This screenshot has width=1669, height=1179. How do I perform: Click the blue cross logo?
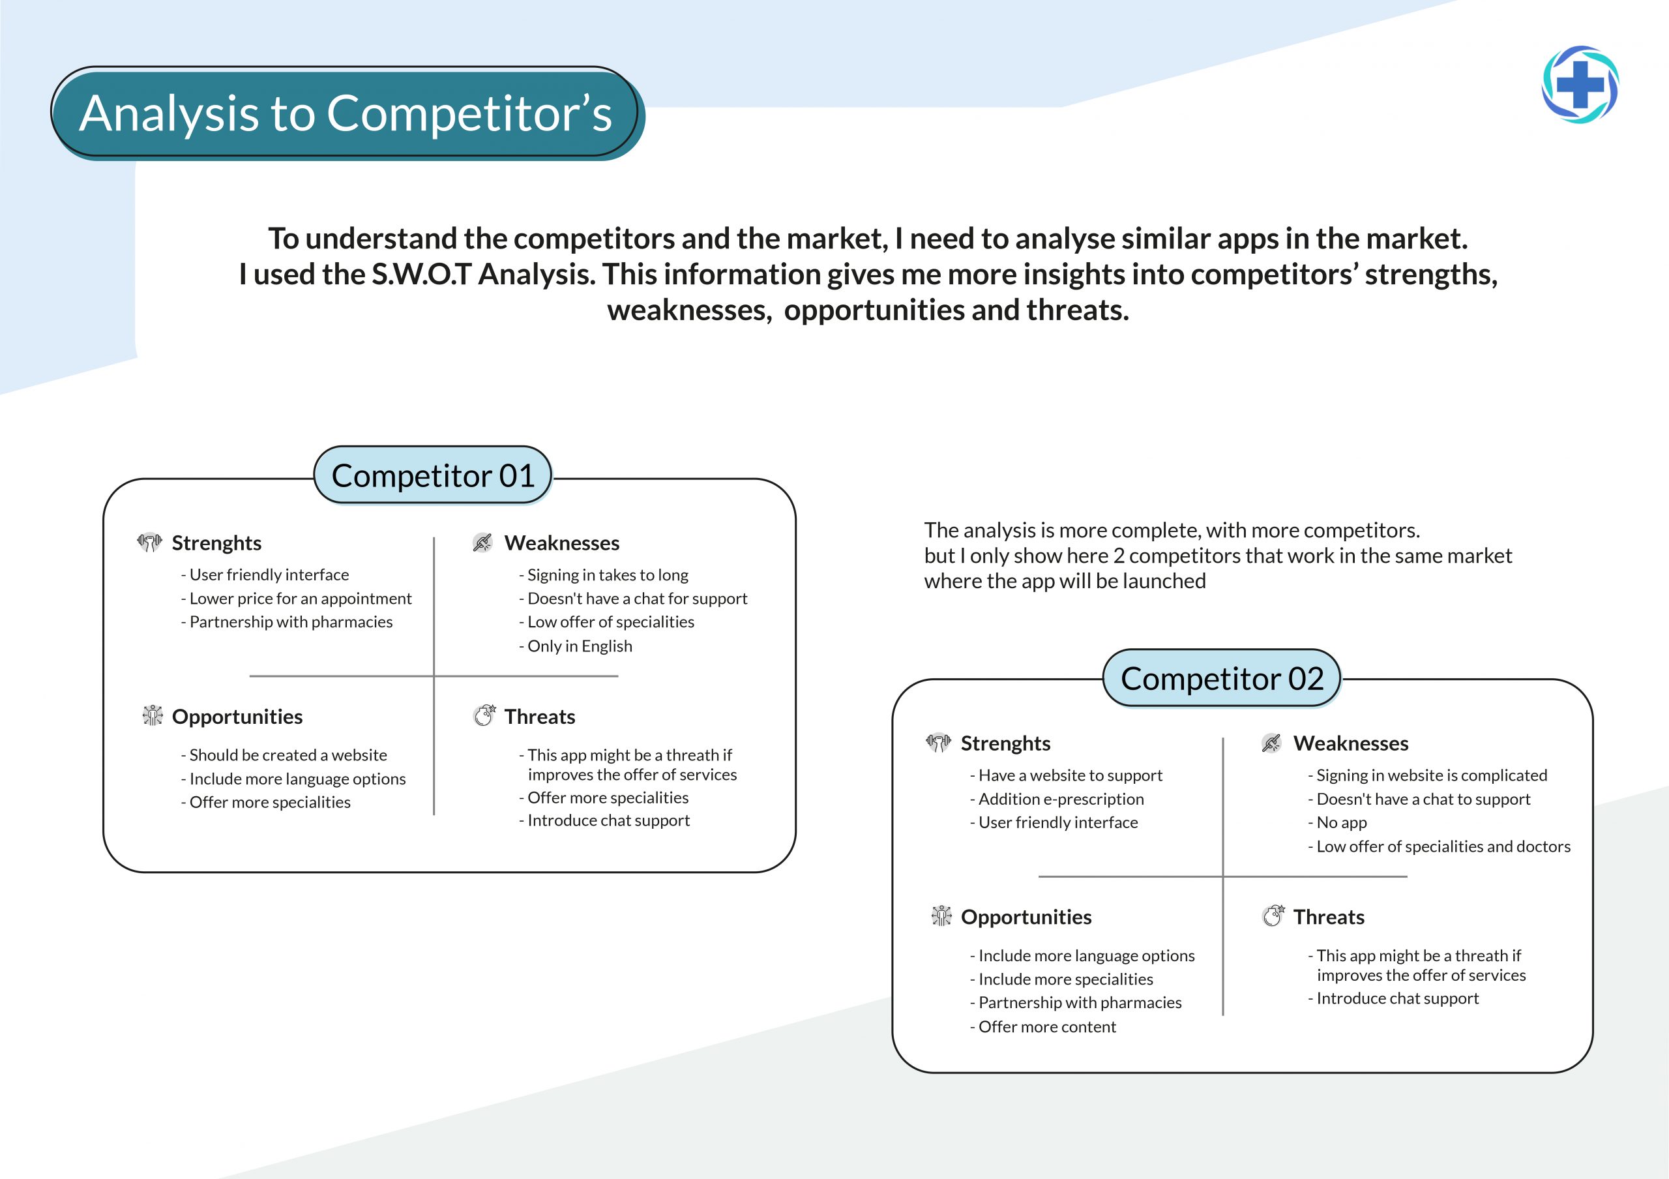[1580, 85]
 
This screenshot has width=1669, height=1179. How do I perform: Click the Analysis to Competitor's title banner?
[346, 113]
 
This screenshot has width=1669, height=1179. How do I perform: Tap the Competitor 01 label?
[434, 475]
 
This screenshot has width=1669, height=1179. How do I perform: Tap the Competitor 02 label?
[1222, 678]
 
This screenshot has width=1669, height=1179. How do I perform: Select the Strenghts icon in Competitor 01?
[149, 543]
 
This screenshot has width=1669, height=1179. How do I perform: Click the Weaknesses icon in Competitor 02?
[1271, 743]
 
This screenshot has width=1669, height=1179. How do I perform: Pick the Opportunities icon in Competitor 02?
[941, 916]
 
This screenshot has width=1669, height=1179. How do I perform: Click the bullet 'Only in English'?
[576, 646]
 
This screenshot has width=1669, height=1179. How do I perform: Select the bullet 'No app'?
[1338, 823]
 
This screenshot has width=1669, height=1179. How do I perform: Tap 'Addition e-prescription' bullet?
[1057, 799]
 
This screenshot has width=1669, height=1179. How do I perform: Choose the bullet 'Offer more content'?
[1043, 1026]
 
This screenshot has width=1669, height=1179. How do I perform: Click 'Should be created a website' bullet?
[284, 755]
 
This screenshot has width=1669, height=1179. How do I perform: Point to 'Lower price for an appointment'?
[297, 599]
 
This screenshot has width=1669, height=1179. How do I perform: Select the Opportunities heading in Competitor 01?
[237, 717]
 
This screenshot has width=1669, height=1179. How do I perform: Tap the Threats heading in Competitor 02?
[1329, 917]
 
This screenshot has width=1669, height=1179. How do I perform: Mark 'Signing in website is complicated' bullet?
[1428, 775]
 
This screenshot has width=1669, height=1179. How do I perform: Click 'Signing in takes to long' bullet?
[603, 576]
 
